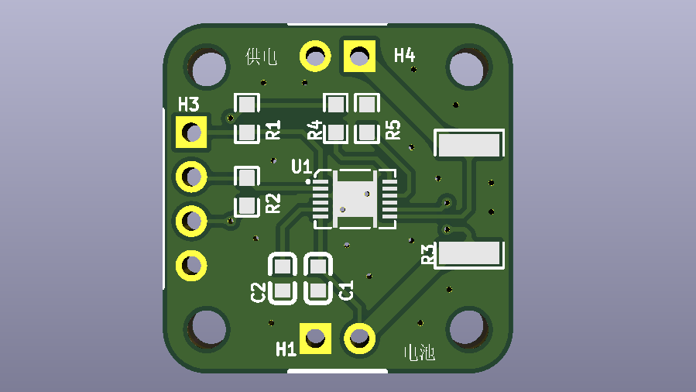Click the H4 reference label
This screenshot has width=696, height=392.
(x=404, y=56)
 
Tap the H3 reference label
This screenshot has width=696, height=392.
(x=189, y=105)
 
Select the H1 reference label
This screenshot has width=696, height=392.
(x=286, y=349)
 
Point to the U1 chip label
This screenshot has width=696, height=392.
(x=301, y=167)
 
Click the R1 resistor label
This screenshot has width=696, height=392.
(x=273, y=129)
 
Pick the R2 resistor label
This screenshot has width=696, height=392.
(x=273, y=203)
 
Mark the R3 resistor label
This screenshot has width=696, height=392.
(x=428, y=254)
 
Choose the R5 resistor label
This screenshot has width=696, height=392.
(x=393, y=129)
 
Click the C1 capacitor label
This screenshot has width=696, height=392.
(x=346, y=291)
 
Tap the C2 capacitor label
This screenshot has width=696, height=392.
(x=258, y=293)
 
